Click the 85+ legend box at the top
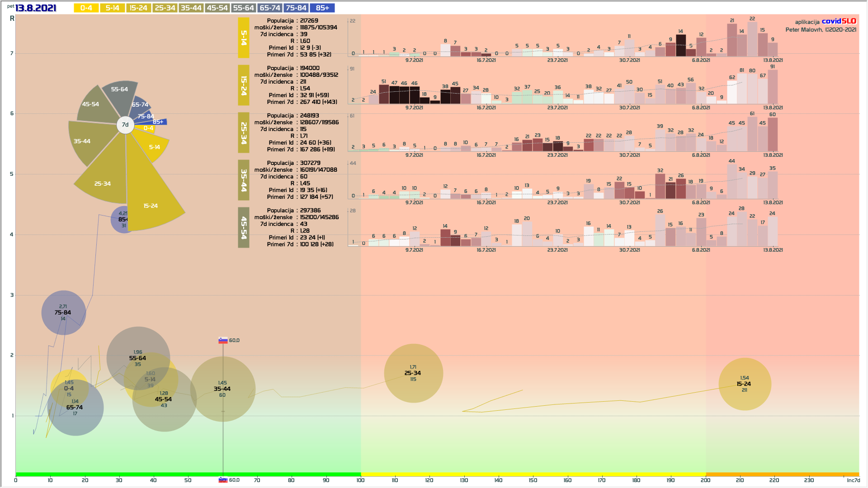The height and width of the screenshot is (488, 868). click(x=322, y=8)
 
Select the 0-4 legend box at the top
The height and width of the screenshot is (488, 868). click(x=86, y=8)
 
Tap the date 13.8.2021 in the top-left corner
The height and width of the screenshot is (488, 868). click(x=36, y=8)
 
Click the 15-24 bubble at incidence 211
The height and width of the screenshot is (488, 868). click(x=744, y=384)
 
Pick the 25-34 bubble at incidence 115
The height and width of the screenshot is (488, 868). click(x=413, y=373)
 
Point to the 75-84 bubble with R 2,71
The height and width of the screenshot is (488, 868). click(x=63, y=313)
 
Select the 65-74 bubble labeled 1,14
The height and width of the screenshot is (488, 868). click(x=75, y=408)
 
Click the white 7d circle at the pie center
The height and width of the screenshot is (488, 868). click(x=125, y=125)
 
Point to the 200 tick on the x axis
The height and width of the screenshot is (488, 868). click(x=705, y=480)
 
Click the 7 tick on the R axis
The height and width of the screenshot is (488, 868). click(x=12, y=53)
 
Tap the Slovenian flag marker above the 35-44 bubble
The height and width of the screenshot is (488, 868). click(x=223, y=340)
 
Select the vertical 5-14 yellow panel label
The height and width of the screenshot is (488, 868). click(x=244, y=38)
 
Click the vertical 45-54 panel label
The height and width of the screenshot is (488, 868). click(x=244, y=228)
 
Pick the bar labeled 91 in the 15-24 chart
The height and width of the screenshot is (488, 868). click(x=773, y=87)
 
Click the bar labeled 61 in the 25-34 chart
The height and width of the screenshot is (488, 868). click(x=752, y=134)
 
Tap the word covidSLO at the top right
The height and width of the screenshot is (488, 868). click(x=839, y=21)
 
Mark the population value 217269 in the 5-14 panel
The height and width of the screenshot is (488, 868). click(x=309, y=21)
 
